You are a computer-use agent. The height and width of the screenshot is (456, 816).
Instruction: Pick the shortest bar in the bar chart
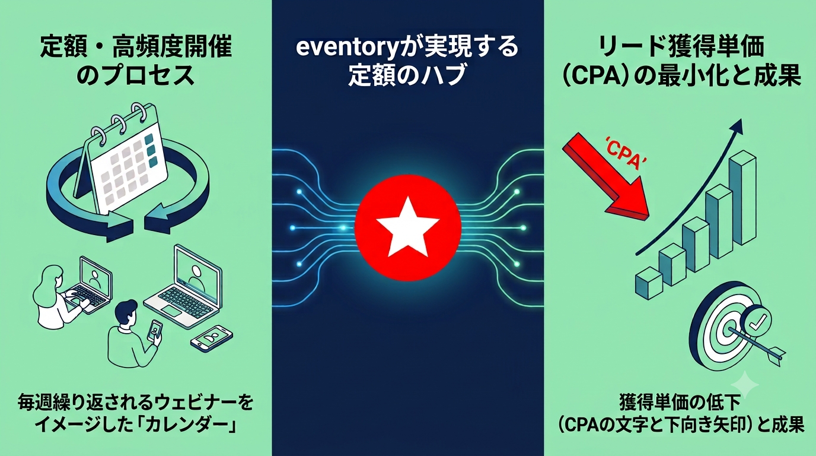pyautogui.click(x=649, y=283)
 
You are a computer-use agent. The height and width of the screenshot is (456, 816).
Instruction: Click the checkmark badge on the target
pyautogui.click(x=758, y=321)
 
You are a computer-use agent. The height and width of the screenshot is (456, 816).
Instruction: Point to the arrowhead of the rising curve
pyautogui.click(x=736, y=127)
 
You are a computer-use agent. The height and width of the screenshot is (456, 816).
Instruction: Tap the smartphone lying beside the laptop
pyautogui.click(x=211, y=338)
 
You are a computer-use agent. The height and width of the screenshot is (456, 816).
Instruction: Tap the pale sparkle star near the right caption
pyautogui.click(x=745, y=385)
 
